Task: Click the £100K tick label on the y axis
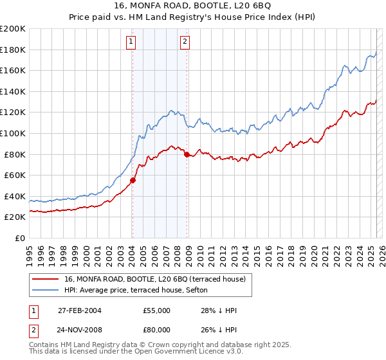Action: point(13,133)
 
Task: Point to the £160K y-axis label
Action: point(13,70)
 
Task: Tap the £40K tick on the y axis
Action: point(15,196)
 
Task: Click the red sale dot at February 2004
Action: point(133,181)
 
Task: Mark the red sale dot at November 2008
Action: point(187,154)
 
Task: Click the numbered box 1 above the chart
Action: point(131,42)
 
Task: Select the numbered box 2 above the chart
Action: point(185,42)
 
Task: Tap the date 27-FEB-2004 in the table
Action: point(80,310)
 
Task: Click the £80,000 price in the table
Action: point(157,331)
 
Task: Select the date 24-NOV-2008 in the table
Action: point(80,331)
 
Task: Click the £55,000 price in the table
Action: point(157,310)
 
